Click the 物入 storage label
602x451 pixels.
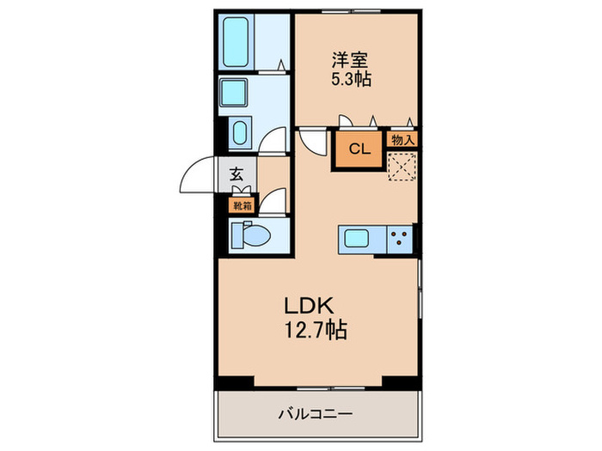point(402,139)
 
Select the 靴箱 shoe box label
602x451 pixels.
point(242,205)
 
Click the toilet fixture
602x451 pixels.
point(253,234)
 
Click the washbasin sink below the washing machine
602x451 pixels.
point(239,133)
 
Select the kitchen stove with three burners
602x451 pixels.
point(400,238)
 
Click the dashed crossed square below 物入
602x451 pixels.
point(402,166)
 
